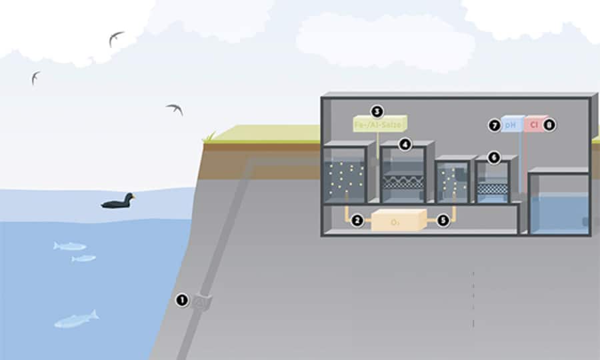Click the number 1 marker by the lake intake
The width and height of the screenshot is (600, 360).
click(x=181, y=300)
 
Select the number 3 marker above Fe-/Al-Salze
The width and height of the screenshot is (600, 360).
click(x=377, y=111)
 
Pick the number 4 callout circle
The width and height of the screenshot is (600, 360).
click(x=405, y=144)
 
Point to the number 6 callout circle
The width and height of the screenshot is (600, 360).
click(x=493, y=157)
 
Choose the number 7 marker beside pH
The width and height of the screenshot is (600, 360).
click(x=494, y=125)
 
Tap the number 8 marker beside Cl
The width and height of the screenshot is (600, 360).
click(x=549, y=125)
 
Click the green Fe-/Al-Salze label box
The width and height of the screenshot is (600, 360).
click(x=379, y=124)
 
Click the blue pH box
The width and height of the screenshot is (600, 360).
click(x=510, y=124)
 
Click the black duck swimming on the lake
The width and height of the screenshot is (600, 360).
click(x=118, y=201)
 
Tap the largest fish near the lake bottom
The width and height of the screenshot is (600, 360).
click(x=76, y=319)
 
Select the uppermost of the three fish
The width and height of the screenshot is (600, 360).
click(x=70, y=246)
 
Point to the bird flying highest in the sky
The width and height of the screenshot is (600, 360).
click(x=116, y=38)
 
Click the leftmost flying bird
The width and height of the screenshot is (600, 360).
click(x=35, y=77)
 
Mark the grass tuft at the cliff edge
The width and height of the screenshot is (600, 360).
click(x=209, y=137)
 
